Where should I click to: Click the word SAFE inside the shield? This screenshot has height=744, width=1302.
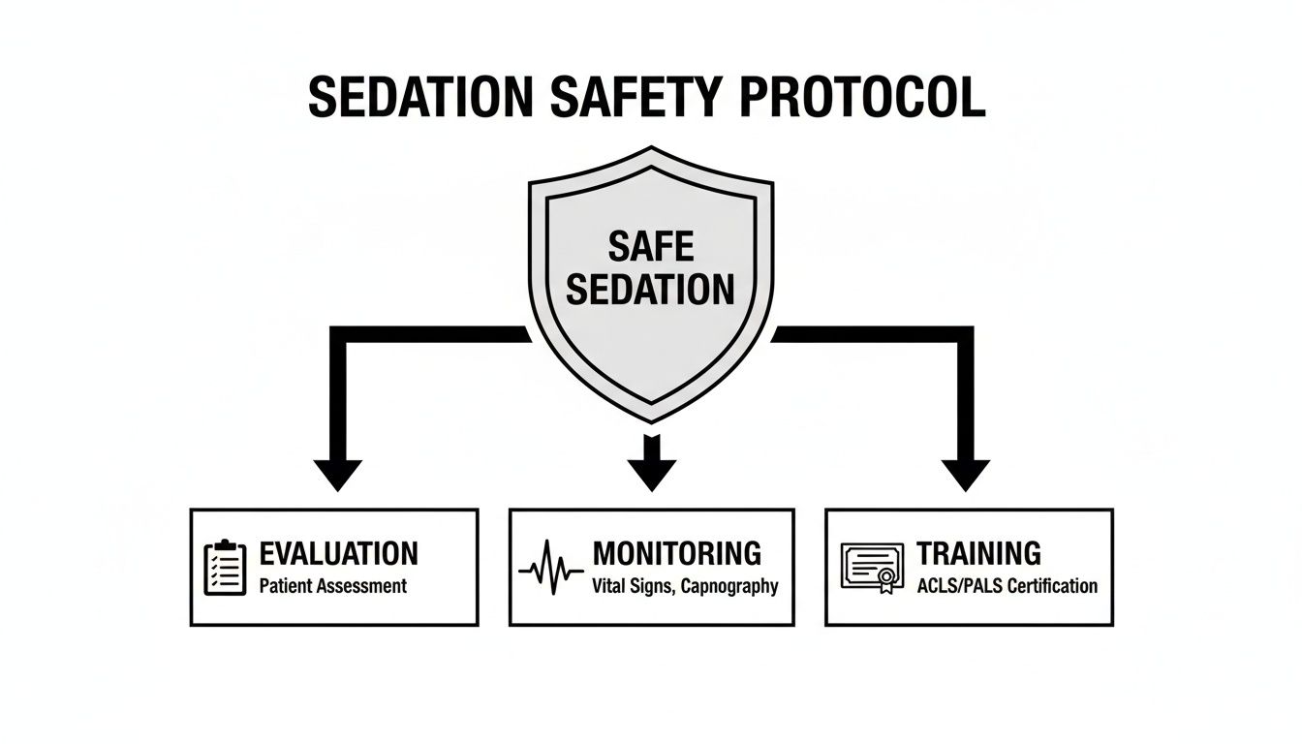[x=651, y=246]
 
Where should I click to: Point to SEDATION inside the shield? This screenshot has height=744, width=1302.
[x=651, y=289]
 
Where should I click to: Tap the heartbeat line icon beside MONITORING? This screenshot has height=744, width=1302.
[x=551, y=569]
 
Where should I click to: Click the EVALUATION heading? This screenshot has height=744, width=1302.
[x=339, y=553]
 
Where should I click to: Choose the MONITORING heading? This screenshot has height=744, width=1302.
[x=677, y=553]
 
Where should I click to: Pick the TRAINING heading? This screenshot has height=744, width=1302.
[x=978, y=553]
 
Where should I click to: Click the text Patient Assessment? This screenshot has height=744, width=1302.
[x=333, y=586]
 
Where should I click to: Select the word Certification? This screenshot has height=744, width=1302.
[x=1053, y=586]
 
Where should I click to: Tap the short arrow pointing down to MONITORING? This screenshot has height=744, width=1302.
[x=651, y=463]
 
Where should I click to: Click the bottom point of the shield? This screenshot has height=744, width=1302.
[x=651, y=420]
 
